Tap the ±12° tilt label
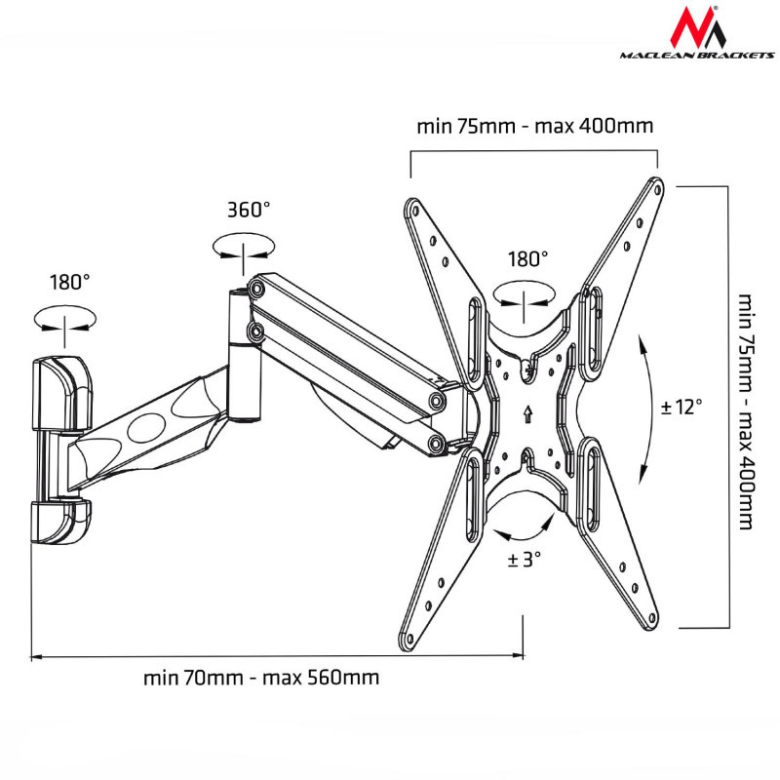coord(682,406)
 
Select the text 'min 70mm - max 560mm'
coord(261,678)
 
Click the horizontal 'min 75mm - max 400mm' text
coord(534,127)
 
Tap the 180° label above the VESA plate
coord(527,259)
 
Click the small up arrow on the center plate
coord(526,413)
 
